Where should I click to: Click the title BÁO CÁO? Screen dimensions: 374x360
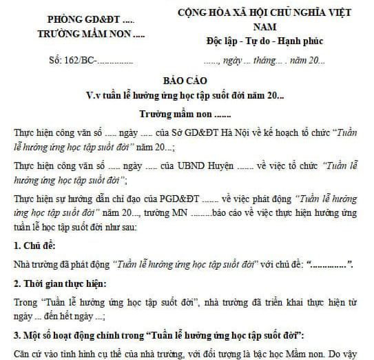pos(185,80)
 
